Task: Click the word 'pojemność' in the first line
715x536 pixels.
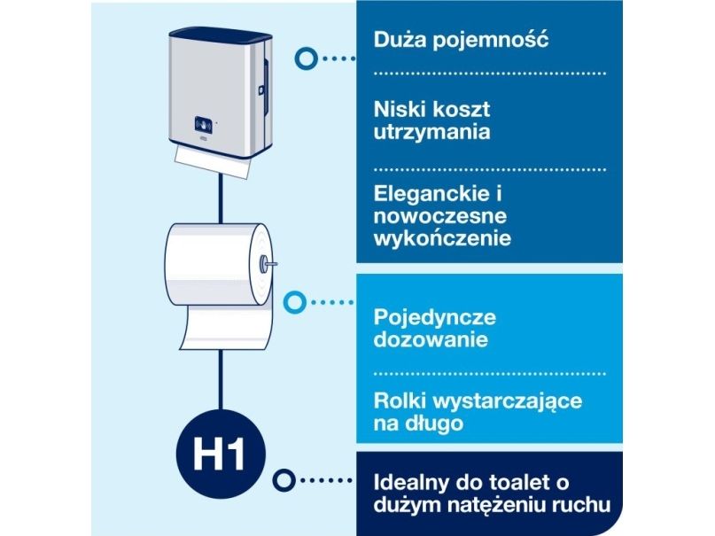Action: click(x=490, y=40)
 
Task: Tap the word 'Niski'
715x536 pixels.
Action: click(x=400, y=109)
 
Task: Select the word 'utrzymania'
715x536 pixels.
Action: click(x=431, y=133)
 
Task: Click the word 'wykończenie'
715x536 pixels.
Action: click(x=442, y=239)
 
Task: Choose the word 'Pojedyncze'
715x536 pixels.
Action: click(x=434, y=318)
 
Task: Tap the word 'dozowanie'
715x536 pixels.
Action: click(x=431, y=339)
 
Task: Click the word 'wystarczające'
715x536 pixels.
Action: click(x=507, y=402)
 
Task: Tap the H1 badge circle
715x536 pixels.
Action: click(x=221, y=454)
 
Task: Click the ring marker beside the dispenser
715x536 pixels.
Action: click(x=306, y=58)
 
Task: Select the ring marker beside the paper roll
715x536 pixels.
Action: click(x=294, y=302)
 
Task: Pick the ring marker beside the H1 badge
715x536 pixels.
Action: click(x=284, y=480)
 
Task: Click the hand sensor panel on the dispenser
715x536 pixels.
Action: click(x=203, y=124)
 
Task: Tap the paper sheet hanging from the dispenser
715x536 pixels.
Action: click(x=213, y=162)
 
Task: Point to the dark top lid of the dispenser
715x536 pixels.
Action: click(x=221, y=35)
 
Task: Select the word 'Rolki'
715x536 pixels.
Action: click(x=400, y=401)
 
